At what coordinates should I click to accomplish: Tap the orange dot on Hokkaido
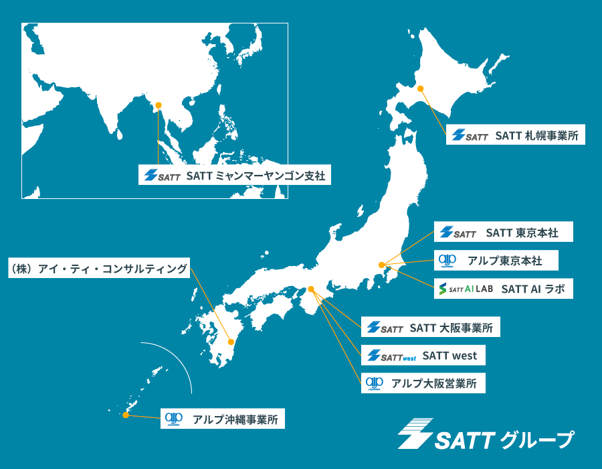[x=421, y=88]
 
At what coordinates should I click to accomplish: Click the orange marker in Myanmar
[x=159, y=105]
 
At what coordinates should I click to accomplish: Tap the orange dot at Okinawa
[x=125, y=415]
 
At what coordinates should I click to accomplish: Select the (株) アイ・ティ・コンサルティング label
[x=98, y=269]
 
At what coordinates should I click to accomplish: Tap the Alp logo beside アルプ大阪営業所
[x=374, y=383]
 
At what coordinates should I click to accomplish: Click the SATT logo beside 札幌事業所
[x=470, y=135]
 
